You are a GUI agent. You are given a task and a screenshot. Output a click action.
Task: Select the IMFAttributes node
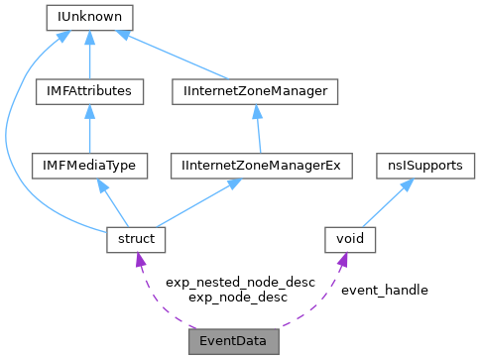point(89,91)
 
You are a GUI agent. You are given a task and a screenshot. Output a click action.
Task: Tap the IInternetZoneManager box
point(255,91)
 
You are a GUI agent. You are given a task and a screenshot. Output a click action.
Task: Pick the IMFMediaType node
point(89,166)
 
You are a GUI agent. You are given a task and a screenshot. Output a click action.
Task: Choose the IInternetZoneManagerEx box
point(261,166)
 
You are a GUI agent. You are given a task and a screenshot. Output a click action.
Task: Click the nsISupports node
point(425,166)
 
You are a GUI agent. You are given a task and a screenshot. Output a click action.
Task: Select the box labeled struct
point(136,240)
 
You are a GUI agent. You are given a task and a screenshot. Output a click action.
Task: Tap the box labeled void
point(351,240)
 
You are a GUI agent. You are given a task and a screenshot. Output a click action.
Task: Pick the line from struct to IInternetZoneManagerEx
point(198,203)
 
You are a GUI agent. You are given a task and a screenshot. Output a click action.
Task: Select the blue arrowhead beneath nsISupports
point(407,184)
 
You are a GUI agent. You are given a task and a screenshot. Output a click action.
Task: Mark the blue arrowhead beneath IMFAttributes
point(89,110)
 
